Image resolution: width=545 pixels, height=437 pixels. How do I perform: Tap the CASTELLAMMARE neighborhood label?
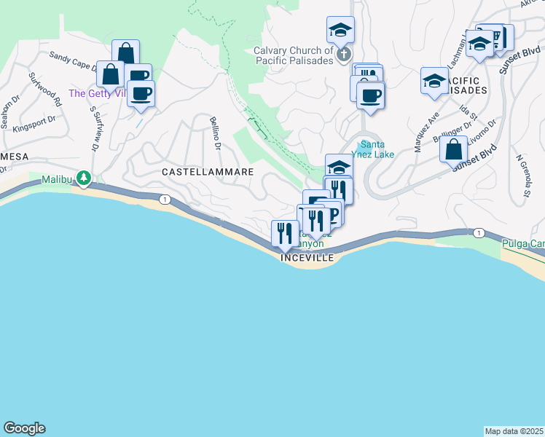pyautogui.click(x=208, y=172)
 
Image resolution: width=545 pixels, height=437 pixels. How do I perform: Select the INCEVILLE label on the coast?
pyautogui.click(x=307, y=258)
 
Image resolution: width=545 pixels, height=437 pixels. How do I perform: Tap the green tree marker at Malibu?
pyautogui.click(x=85, y=177)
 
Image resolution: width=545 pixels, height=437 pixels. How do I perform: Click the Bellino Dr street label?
pyautogui.click(x=215, y=132)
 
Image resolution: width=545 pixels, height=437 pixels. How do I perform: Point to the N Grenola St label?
pyautogui.click(x=522, y=176)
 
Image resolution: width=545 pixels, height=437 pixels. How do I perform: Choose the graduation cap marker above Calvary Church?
pyautogui.click(x=340, y=30)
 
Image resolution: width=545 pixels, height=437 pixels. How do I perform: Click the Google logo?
pyautogui.click(x=24, y=428)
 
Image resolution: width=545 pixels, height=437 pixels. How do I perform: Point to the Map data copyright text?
pyautogui.click(x=514, y=431)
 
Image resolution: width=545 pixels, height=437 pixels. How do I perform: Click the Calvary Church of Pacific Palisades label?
pyautogui.click(x=294, y=55)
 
